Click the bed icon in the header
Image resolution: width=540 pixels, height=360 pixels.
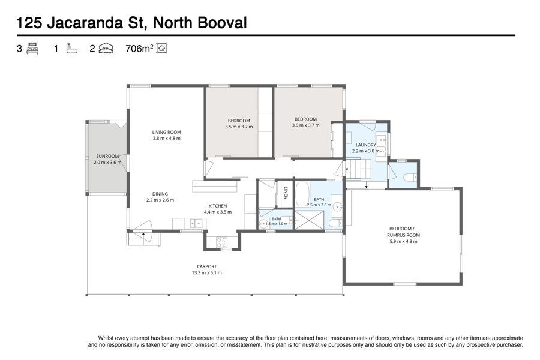32,48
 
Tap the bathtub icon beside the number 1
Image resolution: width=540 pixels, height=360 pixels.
71,48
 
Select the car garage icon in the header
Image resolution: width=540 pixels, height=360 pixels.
106,48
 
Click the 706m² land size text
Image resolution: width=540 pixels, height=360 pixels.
139,49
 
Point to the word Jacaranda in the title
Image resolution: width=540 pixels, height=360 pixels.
85,23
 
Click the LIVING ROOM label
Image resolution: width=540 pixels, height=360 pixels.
166,132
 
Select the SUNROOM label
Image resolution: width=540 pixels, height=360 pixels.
107,156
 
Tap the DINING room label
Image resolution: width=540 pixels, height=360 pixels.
160,194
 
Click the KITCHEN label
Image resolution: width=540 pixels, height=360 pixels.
218,206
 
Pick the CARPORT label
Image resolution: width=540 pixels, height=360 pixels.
206,266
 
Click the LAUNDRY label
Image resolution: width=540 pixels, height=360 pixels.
366,145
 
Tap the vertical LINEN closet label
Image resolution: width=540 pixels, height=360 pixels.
286,193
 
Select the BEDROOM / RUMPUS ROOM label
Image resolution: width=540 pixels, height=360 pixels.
403,232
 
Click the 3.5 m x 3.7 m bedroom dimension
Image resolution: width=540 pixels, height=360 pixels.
239,127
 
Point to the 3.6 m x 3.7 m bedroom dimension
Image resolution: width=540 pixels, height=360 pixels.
305,125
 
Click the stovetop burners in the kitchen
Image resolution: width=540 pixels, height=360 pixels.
221,242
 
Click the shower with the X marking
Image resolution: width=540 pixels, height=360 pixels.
309,220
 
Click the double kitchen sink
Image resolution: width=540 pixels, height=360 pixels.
195,224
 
